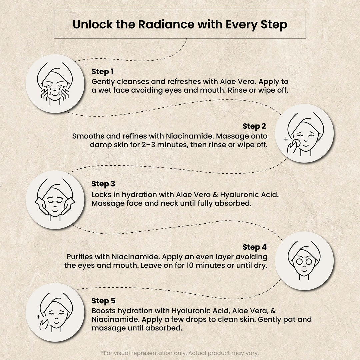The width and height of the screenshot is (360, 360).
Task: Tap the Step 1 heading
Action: click(x=103, y=72)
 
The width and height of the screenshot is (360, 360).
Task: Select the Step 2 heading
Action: click(x=254, y=126)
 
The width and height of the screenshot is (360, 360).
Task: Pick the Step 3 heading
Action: click(x=103, y=184)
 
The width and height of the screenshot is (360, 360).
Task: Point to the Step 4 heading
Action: click(x=255, y=247)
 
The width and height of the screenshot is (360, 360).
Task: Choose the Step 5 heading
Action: click(x=103, y=301)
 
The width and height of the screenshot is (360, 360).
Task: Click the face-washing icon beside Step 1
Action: click(x=55, y=84)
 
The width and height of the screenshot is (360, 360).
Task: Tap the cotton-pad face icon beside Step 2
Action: click(x=305, y=133)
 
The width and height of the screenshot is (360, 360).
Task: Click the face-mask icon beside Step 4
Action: click(x=304, y=261)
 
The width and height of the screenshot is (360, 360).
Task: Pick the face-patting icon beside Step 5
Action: click(x=55, y=312)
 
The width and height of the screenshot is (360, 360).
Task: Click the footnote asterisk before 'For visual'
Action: click(x=102, y=352)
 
